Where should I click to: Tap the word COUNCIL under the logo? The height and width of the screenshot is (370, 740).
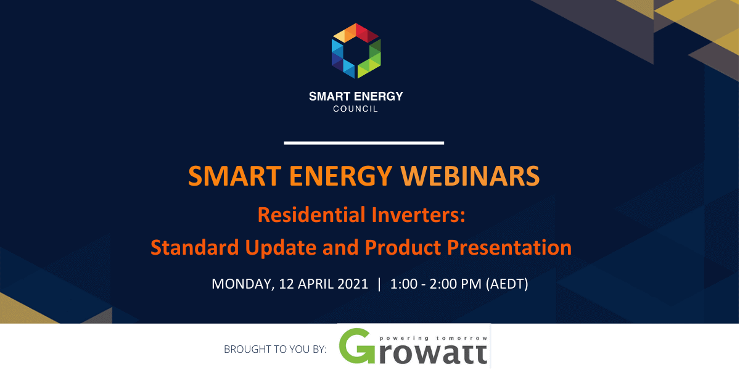(355, 109)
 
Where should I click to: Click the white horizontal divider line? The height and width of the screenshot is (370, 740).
(364, 143)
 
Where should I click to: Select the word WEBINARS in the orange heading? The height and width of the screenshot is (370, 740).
(470, 176)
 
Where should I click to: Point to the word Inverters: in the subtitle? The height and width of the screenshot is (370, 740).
(419, 215)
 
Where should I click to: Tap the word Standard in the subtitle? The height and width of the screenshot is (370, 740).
(195, 247)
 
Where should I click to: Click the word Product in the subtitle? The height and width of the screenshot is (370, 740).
(403, 247)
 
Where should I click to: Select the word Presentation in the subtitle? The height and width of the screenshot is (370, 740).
(509, 247)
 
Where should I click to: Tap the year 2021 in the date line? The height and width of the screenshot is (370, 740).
(353, 284)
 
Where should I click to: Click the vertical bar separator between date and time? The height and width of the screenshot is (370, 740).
(379, 284)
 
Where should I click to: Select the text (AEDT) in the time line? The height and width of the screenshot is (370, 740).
(507, 284)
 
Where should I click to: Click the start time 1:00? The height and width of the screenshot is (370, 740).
(404, 284)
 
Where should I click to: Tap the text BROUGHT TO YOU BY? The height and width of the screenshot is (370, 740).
(275, 349)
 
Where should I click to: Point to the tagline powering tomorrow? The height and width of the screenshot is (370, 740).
(434, 339)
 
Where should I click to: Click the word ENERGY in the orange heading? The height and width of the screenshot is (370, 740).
(340, 176)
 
